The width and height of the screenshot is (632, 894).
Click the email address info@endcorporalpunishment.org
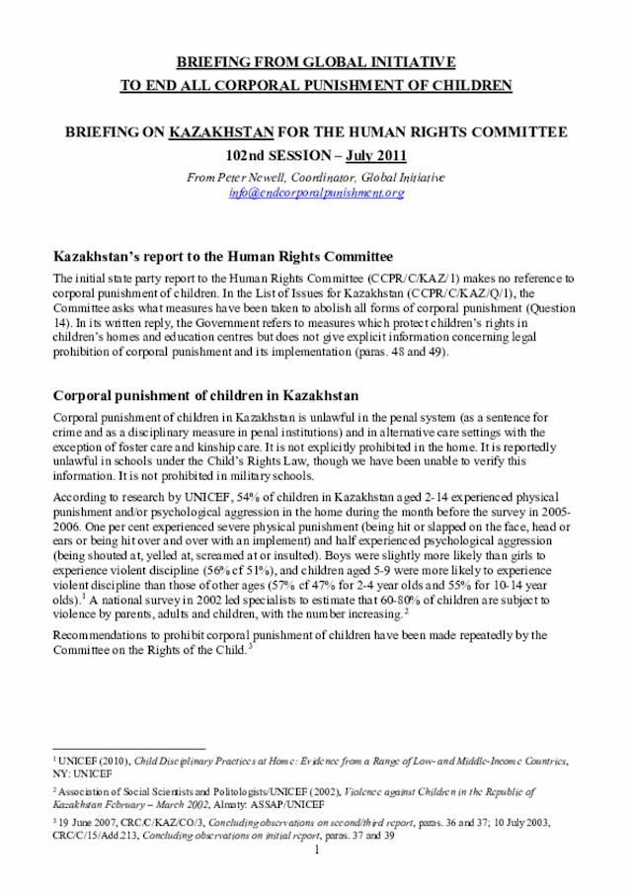pyautogui.click(x=316, y=193)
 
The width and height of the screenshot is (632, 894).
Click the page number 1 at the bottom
pyautogui.click(x=316, y=850)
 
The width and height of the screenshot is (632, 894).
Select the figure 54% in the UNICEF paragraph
pyautogui.click(x=243, y=497)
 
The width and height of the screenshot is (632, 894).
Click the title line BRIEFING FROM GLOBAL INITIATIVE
pyautogui.click(x=316, y=62)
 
